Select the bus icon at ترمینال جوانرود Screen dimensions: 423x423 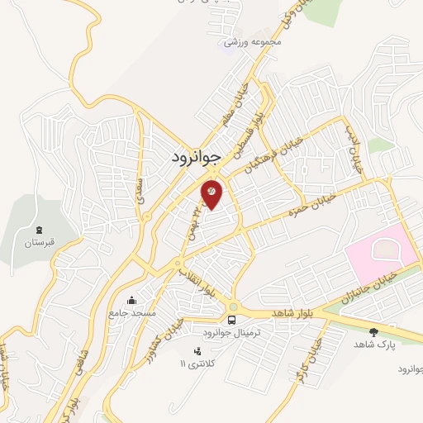[x=232, y=320]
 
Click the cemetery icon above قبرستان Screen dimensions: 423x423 [x=39, y=229]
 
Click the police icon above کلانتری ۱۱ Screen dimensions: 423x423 [x=196, y=351]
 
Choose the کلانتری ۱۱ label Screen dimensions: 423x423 [x=196, y=364]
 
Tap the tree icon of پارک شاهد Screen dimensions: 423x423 [x=373, y=331]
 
